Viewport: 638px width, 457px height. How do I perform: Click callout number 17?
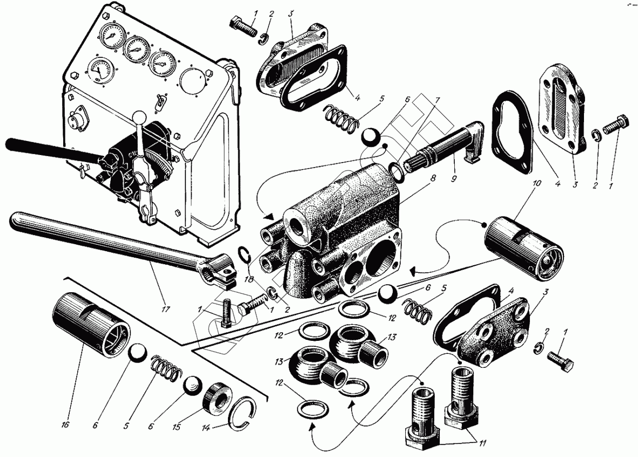click(x=165, y=309)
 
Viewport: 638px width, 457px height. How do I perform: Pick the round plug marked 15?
click(x=218, y=400)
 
